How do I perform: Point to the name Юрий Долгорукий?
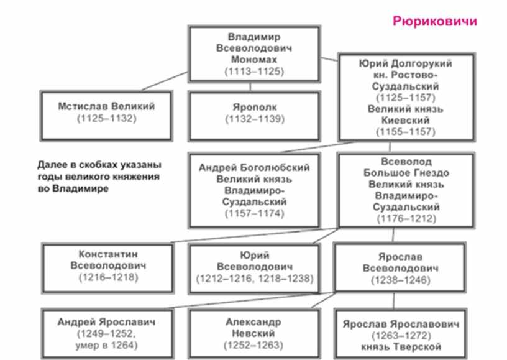tap(406, 63)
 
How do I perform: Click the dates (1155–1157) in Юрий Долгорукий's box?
tap(406, 132)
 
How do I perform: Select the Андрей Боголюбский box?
tap(253, 190)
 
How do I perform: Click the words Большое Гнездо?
tap(406, 173)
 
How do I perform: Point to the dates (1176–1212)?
tap(406, 218)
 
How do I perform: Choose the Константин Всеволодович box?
tap(108, 265)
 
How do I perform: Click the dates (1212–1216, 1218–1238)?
tap(253, 277)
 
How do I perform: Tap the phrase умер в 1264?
tap(106, 346)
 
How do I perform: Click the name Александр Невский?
tap(253, 327)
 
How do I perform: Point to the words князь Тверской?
tap(400, 346)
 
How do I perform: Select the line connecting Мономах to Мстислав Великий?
tap(165, 82)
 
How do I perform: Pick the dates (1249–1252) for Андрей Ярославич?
tap(106, 334)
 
